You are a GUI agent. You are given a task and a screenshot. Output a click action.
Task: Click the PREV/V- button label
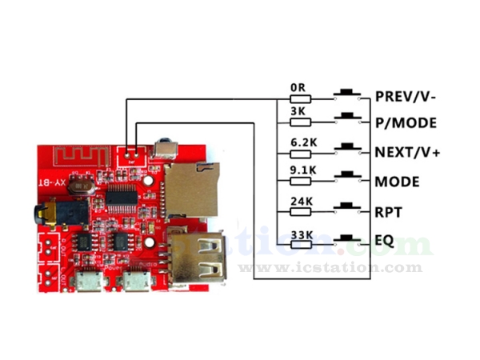pos(407,97)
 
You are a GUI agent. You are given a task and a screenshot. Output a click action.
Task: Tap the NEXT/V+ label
pos(407,152)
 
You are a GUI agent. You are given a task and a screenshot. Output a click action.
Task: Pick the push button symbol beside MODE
pos(346,177)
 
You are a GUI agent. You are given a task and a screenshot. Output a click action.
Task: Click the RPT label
pos(387,211)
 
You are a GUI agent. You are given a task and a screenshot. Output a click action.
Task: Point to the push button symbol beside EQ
pos(346,237)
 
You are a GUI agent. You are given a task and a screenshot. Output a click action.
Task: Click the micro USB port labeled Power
pos(85,281)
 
